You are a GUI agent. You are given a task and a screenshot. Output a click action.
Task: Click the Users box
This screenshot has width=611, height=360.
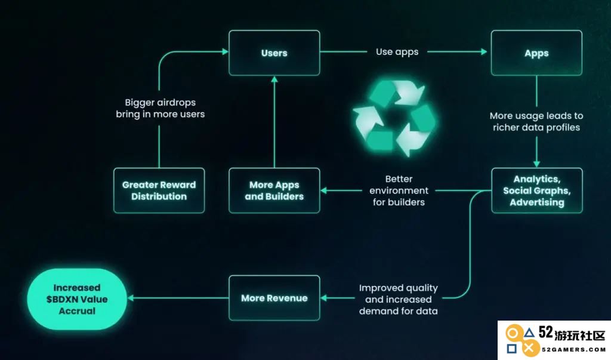(274, 53)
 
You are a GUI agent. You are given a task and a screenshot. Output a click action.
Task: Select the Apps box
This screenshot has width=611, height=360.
(536, 53)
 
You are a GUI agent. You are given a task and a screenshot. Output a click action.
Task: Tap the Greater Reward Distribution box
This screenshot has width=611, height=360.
(159, 190)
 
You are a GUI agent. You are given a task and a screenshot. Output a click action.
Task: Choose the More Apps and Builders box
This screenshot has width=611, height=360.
(274, 190)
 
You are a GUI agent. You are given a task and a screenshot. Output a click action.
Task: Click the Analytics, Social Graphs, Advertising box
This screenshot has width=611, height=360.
(537, 190)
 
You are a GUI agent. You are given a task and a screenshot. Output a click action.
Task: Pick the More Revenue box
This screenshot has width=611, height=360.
(274, 298)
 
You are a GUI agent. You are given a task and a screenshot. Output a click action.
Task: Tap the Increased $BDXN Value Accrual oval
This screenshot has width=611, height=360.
(77, 299)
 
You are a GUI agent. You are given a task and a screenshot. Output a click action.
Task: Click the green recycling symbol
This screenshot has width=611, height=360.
(394, 118)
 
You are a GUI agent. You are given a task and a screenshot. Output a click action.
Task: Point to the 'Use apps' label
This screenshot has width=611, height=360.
(397, 52)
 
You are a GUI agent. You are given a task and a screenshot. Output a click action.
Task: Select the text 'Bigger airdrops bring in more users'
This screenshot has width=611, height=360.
(160, 108)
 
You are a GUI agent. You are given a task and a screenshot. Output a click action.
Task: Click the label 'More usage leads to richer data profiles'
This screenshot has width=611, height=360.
(536, 121)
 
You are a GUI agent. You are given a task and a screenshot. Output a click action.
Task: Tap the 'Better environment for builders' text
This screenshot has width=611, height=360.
(399, 190)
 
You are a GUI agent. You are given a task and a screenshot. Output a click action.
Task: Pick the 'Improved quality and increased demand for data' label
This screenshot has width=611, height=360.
(398, 299)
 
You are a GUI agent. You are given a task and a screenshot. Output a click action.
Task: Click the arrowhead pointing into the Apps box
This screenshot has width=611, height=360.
(484, 51)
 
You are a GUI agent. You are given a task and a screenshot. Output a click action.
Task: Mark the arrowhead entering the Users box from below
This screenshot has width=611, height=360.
(274, 79)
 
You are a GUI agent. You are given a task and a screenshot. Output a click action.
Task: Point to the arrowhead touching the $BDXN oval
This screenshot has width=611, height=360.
(131, 298)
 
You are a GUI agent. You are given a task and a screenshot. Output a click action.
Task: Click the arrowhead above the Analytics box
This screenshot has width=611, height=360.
(536, 164)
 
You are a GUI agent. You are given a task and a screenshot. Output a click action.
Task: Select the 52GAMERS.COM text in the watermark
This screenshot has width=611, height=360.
(573, 349)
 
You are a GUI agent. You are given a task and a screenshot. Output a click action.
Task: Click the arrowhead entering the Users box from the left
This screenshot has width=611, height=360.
(225, 51)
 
